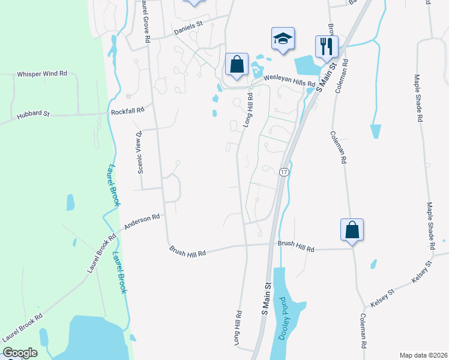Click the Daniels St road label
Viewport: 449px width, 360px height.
pos(189,28)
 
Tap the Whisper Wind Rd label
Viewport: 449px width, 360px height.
pos(42,74)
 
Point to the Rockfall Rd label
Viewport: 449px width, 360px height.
pos(128,111)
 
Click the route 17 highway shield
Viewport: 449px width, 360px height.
pos(284,172)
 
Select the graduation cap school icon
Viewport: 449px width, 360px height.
pos(283,40)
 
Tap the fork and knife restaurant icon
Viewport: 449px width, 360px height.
pos(327,46)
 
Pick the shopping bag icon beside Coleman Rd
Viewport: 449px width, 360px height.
pos(352,230)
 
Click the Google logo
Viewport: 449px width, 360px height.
pos(20,353)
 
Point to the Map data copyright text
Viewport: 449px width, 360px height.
pos(423,355)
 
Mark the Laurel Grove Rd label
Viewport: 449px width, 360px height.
pos(145,22)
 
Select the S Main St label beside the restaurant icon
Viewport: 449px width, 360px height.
pos(324,77)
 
